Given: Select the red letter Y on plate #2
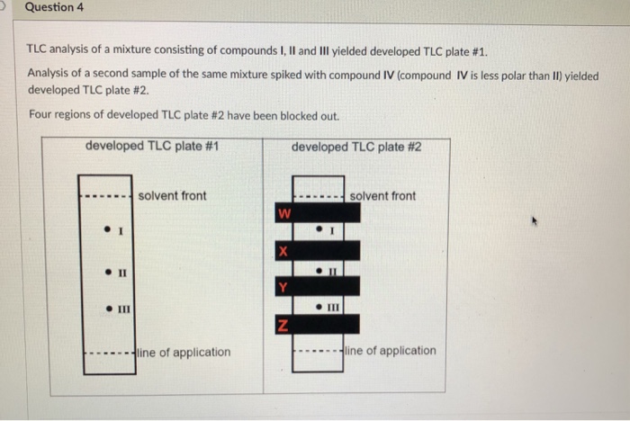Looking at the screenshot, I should click(x=283, y=288).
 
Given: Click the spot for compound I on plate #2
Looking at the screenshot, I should click(x=319, y=230).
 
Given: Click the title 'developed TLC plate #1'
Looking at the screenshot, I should click(x=152, y=147).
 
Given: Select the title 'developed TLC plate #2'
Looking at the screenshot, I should click(x=357, y=147).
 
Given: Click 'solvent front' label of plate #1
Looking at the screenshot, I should click(x=173, y=195).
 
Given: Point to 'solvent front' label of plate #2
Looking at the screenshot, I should click(x=382, y=195).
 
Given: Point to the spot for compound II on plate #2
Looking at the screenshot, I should click(x=319, y=269).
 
